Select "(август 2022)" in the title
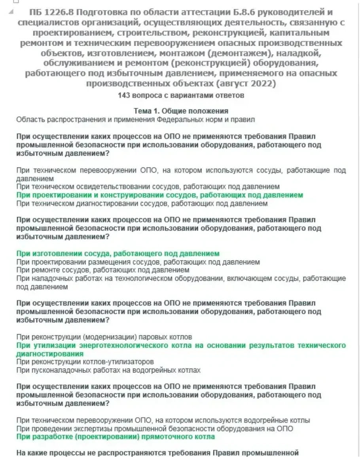coord(246,83)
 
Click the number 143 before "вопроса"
coord(123,95)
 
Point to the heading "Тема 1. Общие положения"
coord(181,111)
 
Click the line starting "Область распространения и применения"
coord(135,119)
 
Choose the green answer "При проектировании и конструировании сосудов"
coord(159,195)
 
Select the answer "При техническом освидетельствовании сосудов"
coord(148,186)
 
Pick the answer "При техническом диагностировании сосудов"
coord(142,204)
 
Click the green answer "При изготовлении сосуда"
coord(117,254)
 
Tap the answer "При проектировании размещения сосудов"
coord(138,262)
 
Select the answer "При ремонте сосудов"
coord(102,270)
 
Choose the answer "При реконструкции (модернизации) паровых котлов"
coord(104,337)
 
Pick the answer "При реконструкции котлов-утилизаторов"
coord(85,362)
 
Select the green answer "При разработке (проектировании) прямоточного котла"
coord(116,437)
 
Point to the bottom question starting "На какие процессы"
coord(157,453)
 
